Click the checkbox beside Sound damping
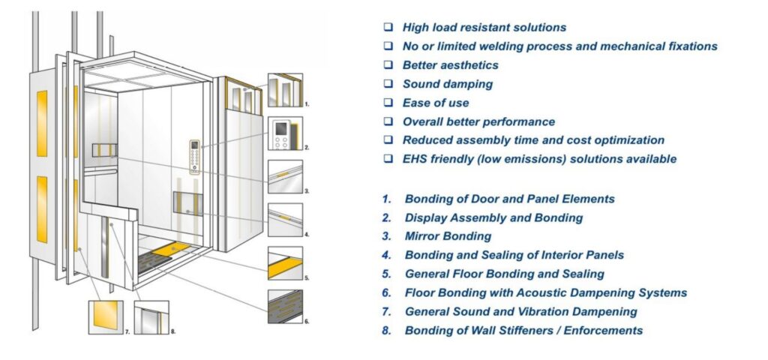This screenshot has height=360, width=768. [x=388, y=84]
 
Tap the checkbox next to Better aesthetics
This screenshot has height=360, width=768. [x=388, y=65]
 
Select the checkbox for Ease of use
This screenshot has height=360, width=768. [x=388, y=103]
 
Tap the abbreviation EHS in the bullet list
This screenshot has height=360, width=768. [x=415, y=159]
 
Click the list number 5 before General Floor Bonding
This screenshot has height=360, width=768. [x=386, y=274]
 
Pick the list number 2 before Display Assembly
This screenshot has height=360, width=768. [x=386, y=217]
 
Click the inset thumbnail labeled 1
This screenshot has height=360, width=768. [x=285, y=91]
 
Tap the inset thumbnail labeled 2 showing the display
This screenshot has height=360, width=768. [x=285, y=134]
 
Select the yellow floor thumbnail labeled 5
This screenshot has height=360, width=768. [x=285, y=263]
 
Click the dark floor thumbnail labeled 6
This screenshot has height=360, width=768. [x=285, y=307]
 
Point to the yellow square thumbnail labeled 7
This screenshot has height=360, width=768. [x=106, y=316]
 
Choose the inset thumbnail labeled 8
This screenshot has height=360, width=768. [x=151, y=316]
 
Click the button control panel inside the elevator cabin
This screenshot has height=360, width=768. [x=194, y=157]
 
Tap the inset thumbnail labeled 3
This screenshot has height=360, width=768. [x=285, y=177]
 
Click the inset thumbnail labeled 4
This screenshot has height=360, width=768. [x=285, y=220]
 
